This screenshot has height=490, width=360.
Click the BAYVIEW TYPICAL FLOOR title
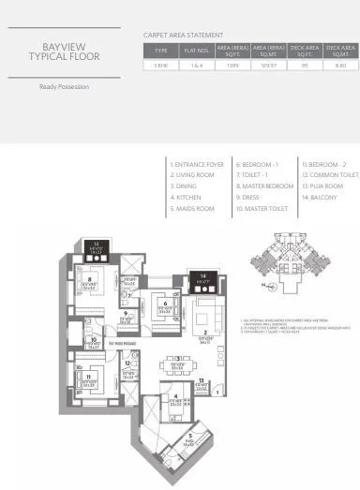[66, 51]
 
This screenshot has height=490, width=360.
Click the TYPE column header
[161, 49]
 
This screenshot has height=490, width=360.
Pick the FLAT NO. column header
[195, 49]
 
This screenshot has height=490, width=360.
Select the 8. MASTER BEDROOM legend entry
[266, 186]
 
